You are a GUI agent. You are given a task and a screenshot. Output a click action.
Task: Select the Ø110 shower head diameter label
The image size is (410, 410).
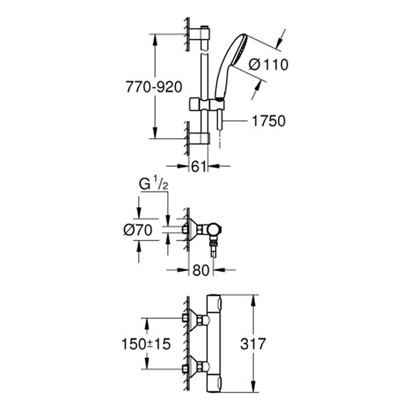point(269,65)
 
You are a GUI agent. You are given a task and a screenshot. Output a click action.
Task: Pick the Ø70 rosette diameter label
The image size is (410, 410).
point(139,230)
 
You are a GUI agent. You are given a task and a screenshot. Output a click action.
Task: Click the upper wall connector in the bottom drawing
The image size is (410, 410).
point(193,319)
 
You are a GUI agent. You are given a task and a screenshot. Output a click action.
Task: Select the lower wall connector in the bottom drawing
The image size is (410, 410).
point(193,368)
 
